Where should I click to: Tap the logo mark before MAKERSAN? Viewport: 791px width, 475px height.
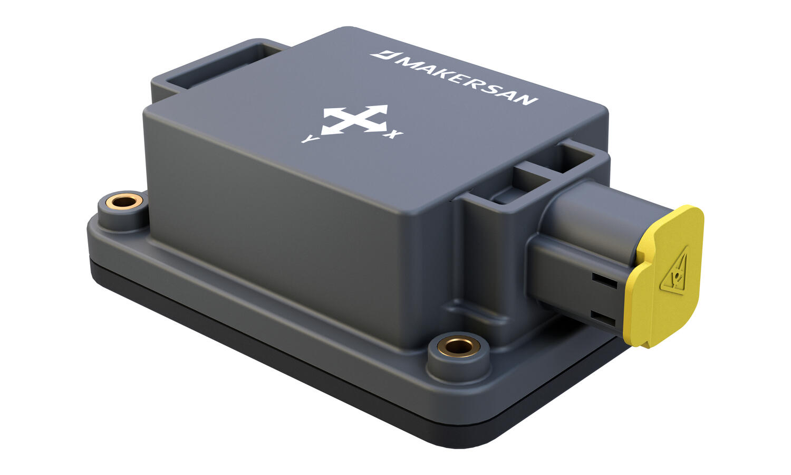coord(380,54)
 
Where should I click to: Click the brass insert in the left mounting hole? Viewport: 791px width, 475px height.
coord(123,201)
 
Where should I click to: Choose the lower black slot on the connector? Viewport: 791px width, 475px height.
coord(604,318)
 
